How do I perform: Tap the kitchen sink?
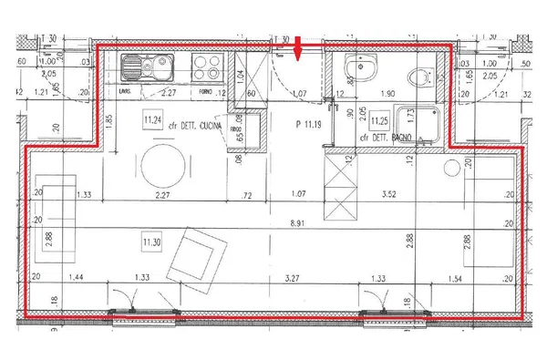click(x=145, y=67)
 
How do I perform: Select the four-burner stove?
click(x=206, y=67)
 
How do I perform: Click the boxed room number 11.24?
click(x=151, y=119)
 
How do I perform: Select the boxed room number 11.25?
click(x=378, y=120)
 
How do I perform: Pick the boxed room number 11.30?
click(x=151, y=242)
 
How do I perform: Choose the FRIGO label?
click(x=236, y=129)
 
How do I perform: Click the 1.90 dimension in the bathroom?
click(x=387, y=94)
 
